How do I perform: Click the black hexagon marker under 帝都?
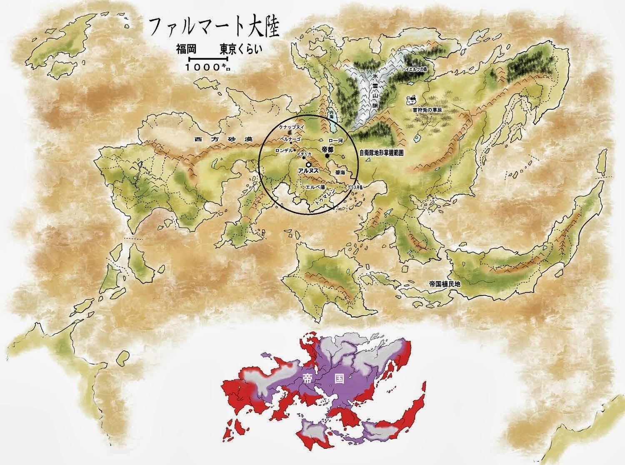pos(327,156)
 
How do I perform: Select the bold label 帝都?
pos(328,149)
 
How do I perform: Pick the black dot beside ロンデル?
pos(295,150)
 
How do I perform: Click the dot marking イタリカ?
pos(304,158)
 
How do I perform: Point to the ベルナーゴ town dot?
pos(290,143)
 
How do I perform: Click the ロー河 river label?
pos(335,141)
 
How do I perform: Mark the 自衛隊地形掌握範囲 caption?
pos(381,153)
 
